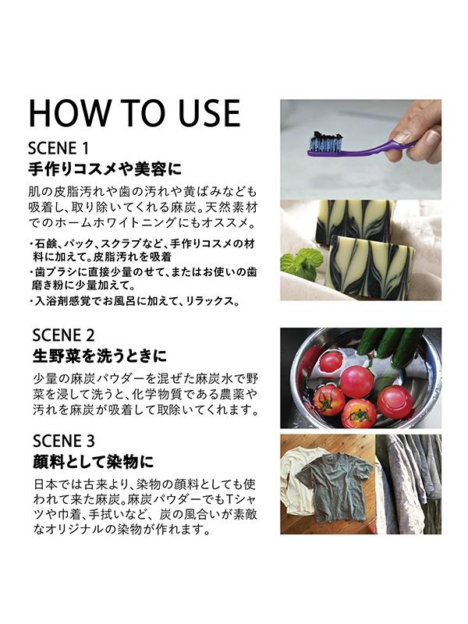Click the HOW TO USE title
[x=134, y=113]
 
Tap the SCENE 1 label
[x=58, y=149]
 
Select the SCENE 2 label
[x=64, y=335]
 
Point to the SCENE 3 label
[x=64, y=441]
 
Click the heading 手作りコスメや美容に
[x=105, y=169]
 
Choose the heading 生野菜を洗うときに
[x=100, y=356]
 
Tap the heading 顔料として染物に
[x=93, y=462]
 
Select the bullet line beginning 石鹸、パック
[x=142, y=250]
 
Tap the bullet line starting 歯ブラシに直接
[x=143, y=278]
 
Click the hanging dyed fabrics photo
[x=408, y=484]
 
